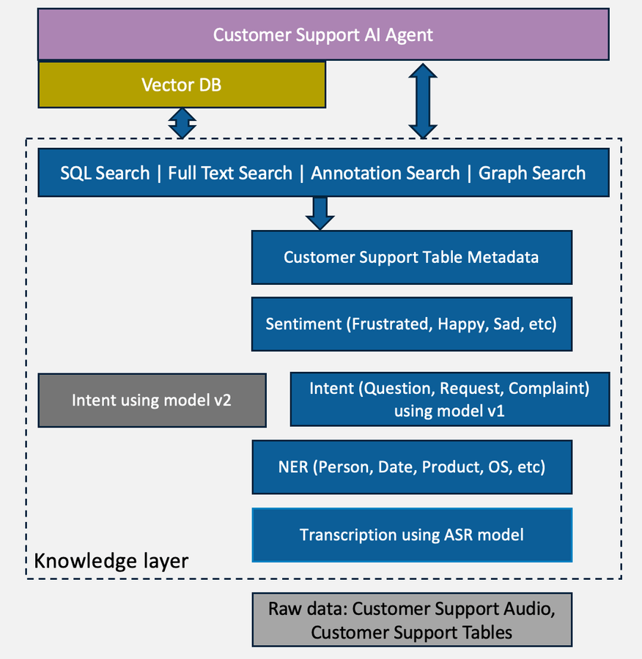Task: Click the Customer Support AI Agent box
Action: [x=322, y=34]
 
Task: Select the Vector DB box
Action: [x=181, y=85]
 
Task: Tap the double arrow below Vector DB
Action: [x=182, y=123]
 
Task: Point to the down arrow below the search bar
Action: [x=320, y=212]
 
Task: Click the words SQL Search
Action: [x=105, y=174]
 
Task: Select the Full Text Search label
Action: [x=230, y=174]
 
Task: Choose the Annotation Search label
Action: [x=385, y=174]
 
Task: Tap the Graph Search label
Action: [x=532, y=174]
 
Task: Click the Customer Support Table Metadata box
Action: [x=411, y=258]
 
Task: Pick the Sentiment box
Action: [x=411, y=324]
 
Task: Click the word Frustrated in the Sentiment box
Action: [x=391, y=324]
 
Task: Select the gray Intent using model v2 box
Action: [x=152, y=401]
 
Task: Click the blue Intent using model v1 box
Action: [x=449, y=399]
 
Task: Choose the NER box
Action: [x=411, y=467]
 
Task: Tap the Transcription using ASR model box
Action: [x=411, y=535]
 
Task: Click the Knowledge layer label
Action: [x=111, y=562]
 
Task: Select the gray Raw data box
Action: [x=411, y=620]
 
